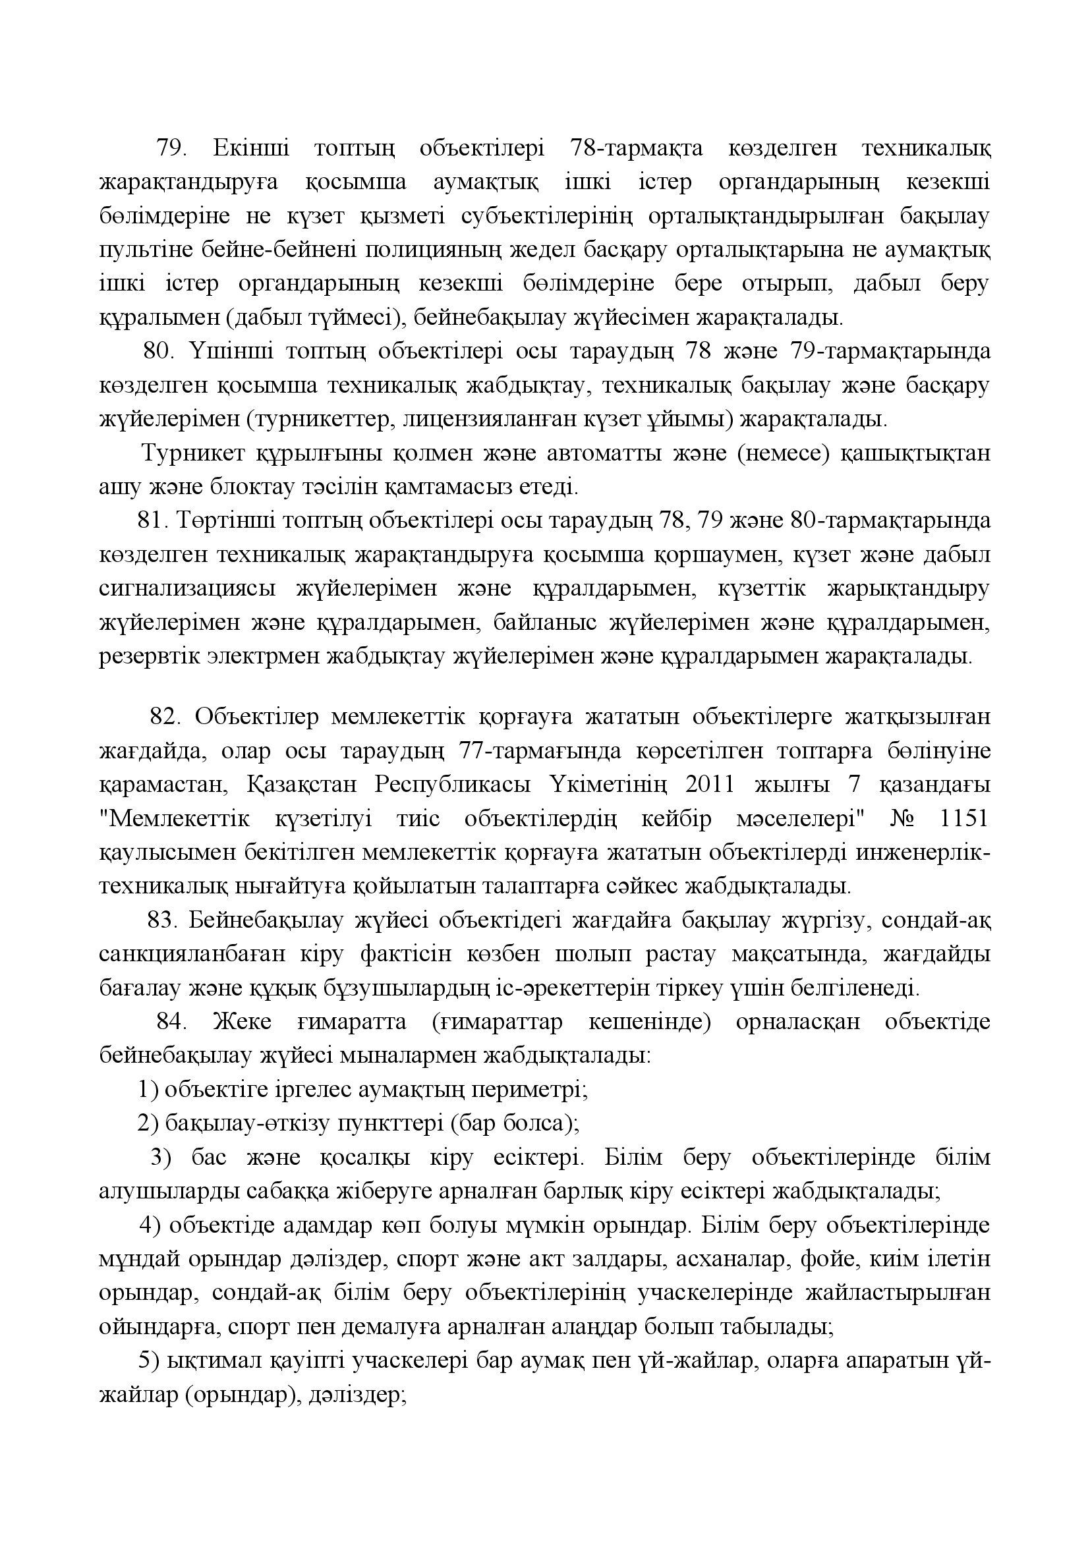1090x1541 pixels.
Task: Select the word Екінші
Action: (x=251, y=148)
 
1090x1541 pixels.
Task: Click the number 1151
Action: (x=964, y=819)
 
